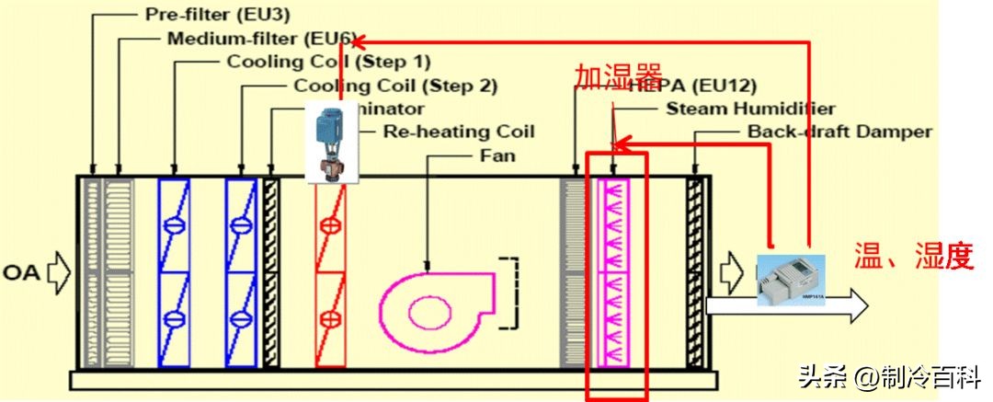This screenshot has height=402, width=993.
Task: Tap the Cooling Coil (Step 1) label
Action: [328, 63]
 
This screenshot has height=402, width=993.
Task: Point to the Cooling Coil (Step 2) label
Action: [395, 86]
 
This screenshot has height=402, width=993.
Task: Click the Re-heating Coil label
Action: [457, 132]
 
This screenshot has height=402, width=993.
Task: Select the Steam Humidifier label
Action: [750, 109]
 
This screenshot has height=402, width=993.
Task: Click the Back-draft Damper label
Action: [839, 132]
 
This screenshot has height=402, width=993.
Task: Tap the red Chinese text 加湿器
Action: [606, 77]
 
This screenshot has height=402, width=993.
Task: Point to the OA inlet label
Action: [20, 273]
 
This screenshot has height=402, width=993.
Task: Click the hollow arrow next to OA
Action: [58, 273]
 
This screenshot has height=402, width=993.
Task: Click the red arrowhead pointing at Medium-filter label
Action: [359, 40]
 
